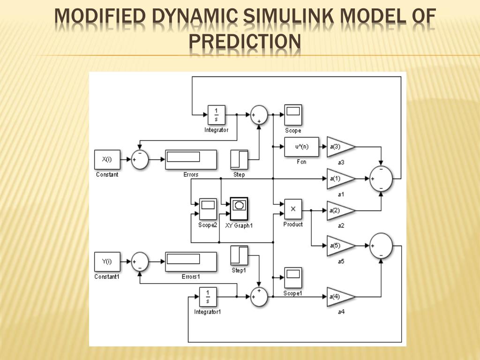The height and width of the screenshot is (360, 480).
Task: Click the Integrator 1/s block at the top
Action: [x=216, y=114]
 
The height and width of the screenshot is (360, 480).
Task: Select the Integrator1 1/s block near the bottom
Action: [x=208, y=296]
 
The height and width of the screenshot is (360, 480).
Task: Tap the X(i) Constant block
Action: [x=107, y=159]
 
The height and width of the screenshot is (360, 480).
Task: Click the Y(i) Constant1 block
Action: [x=107, y=262]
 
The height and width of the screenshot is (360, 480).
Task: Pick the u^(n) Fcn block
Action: [x=301, y=147]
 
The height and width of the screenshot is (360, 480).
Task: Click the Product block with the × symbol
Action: [x=293, y=209]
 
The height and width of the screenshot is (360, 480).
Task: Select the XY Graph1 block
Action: [x=239, y=208]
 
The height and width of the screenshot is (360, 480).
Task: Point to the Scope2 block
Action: [x=207, y=208]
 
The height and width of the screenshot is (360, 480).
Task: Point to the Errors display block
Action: [x=191, y=159]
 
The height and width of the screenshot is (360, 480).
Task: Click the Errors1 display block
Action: [x=191, y=262]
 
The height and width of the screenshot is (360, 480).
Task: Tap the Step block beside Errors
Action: [x=239, y=159]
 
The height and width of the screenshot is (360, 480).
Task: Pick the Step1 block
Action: [x=239, y=255]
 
